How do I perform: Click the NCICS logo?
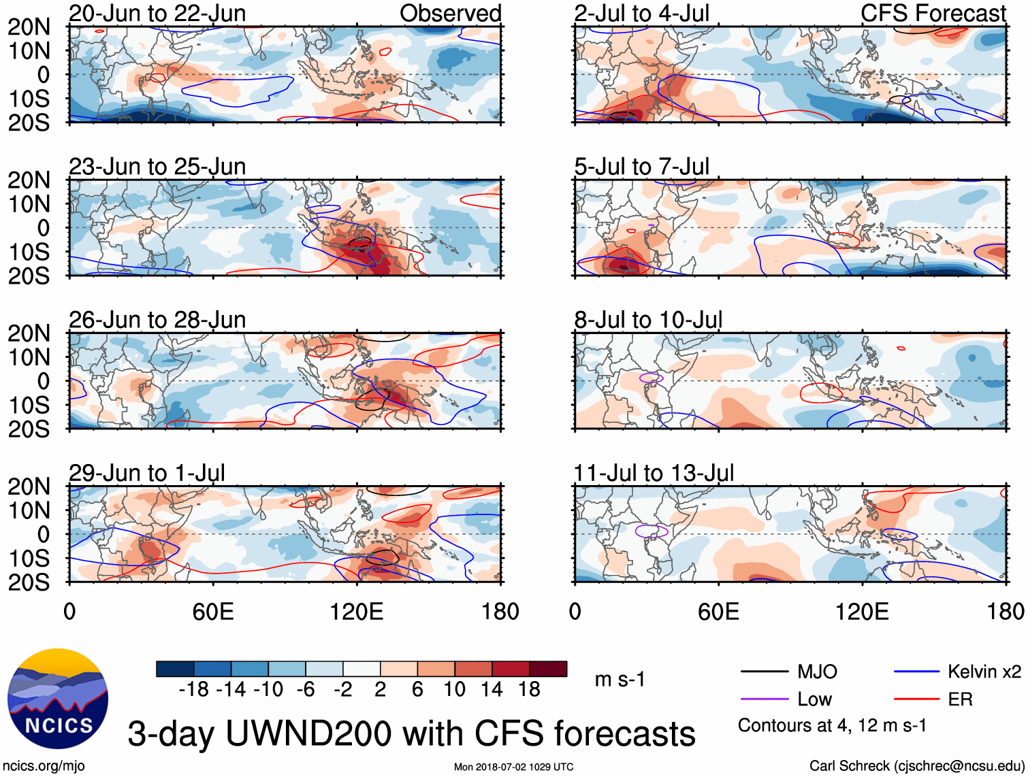(x=58, y=698)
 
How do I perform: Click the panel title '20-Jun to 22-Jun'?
(x=157, y=14)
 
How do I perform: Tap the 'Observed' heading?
(x=450, y=14)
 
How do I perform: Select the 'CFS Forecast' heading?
(x=933, y=14)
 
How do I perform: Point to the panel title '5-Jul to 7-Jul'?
(x=641, y=167)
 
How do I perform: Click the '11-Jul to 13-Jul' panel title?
(x=654, y=473)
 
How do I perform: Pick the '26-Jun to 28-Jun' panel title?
(x=157, y=320)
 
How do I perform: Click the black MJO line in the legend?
(x=764, y=672)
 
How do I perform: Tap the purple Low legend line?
(x=764, y=699)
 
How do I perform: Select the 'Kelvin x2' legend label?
(x=984, y=672)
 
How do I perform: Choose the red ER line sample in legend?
(x=916, y=699)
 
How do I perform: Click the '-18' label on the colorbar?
(x=194, y=690)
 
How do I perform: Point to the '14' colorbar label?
(x=492, y=690)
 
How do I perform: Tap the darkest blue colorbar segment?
(x=175, y=669)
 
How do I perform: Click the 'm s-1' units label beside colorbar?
(x=620, y=679)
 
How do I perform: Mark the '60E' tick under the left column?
(x=213, y=612)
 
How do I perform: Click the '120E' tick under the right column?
(x=862, y=612)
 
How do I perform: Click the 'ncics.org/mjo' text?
(x=44, y=766)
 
